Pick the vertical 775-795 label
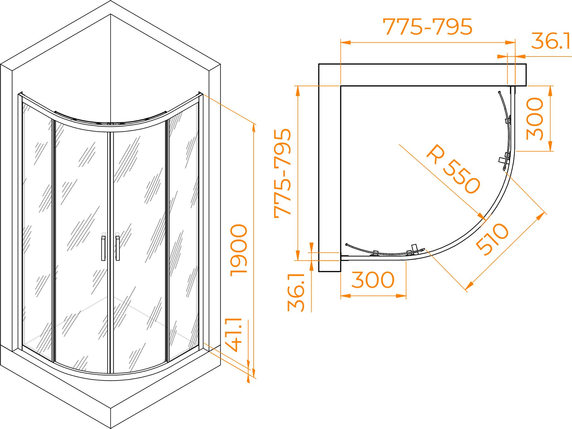[282, 173]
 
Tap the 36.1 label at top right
[550, 41]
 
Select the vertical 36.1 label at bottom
[296, 293]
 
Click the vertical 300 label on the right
[535, 119]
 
